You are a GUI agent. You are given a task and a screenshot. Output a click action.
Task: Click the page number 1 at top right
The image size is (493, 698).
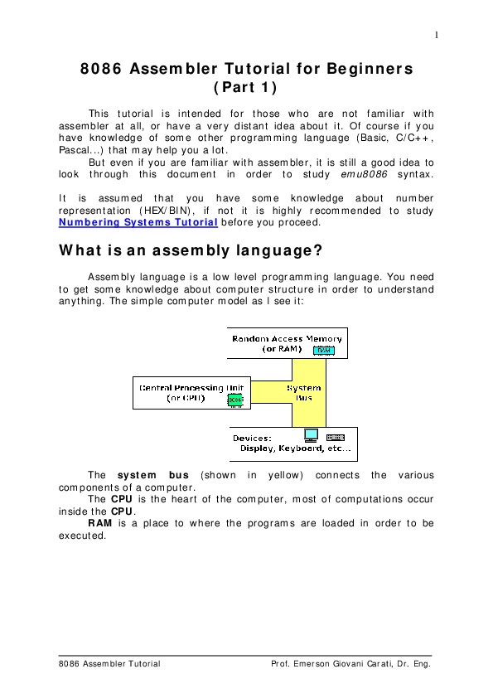tap(437, 35)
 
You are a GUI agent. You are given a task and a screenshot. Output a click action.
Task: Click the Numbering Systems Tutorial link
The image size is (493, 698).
tap(138, 222)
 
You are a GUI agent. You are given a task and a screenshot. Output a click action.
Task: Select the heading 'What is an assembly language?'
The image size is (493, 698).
tap(191, 250)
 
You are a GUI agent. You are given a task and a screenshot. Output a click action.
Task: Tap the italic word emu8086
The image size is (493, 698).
tap(364, 174)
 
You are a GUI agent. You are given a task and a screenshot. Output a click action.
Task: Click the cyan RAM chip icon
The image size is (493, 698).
tap(324, 351)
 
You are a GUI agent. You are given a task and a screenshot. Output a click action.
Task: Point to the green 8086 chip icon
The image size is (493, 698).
tap(235, 400)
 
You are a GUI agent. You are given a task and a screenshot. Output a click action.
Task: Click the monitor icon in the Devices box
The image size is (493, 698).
tap(311, 435)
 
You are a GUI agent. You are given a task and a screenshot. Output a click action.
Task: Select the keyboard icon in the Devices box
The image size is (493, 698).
tap(335, 438)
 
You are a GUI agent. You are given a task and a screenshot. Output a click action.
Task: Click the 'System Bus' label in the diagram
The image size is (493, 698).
tap(304, 393)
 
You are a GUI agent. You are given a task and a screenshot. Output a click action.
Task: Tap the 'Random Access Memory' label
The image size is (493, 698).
tap(287, 339)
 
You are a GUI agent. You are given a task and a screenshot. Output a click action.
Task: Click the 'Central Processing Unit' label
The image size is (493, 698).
tap(191, 388)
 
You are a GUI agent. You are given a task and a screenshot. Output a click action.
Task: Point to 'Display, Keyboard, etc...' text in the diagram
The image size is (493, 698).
tap(296, 448)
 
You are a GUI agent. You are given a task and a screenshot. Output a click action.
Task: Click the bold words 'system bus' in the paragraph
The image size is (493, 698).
tap(153, 475)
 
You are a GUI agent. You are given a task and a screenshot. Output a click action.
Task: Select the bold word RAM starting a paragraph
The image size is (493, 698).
tap(100, 523)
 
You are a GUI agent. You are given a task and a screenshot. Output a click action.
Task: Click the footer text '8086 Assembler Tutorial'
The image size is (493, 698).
tap(109, 664)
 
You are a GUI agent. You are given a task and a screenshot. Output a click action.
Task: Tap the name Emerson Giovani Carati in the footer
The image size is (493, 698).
tap(341, 664)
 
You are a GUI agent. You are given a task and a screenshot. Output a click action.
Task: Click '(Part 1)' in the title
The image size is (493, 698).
tap(245, 87)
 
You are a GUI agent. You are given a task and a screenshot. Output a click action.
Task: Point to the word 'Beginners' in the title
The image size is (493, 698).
tap(370, 69)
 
